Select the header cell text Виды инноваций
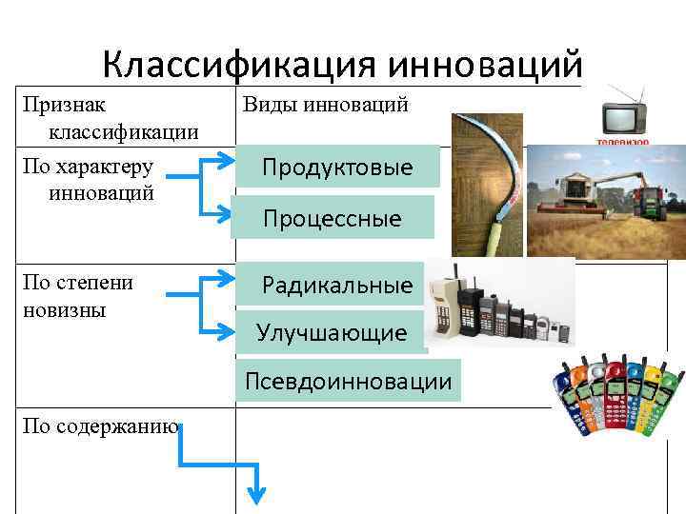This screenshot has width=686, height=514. coord(327,105)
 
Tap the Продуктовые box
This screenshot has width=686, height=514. coord(337,168)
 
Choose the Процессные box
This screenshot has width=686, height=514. coord(333,219)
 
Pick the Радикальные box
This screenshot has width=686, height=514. coord(337,285)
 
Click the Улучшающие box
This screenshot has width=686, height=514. coord(331,333)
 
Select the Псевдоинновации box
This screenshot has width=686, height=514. coord(348,381)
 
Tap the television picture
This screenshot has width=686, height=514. coord(624,118)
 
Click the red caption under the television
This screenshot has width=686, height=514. coord(623,141)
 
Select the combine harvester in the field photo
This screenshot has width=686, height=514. coord(581,195)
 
